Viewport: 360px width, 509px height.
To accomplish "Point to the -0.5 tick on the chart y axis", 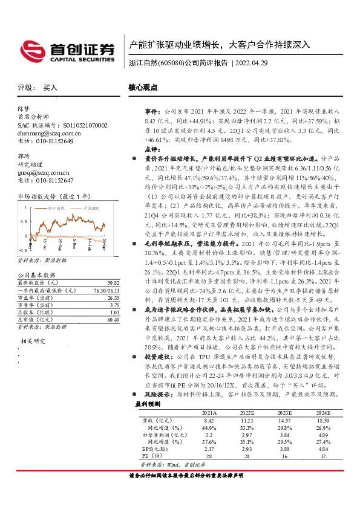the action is coord(23,249).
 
